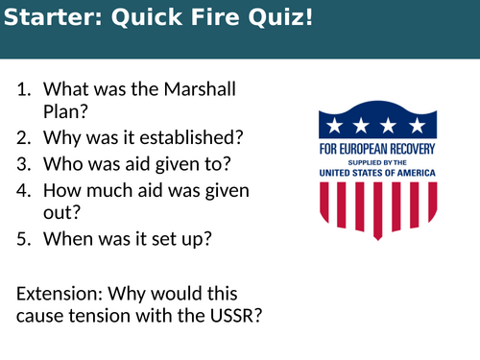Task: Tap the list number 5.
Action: pyautogui.click(x=23, y=238)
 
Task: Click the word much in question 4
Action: pyautogui.click(x=101, y=190)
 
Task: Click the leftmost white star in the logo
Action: pyautogui.click(x=333, y=125)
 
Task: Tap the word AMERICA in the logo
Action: pyautogui.click(x=412, y=172)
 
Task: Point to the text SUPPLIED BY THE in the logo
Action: pyautogui.click(x=377, y=162)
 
